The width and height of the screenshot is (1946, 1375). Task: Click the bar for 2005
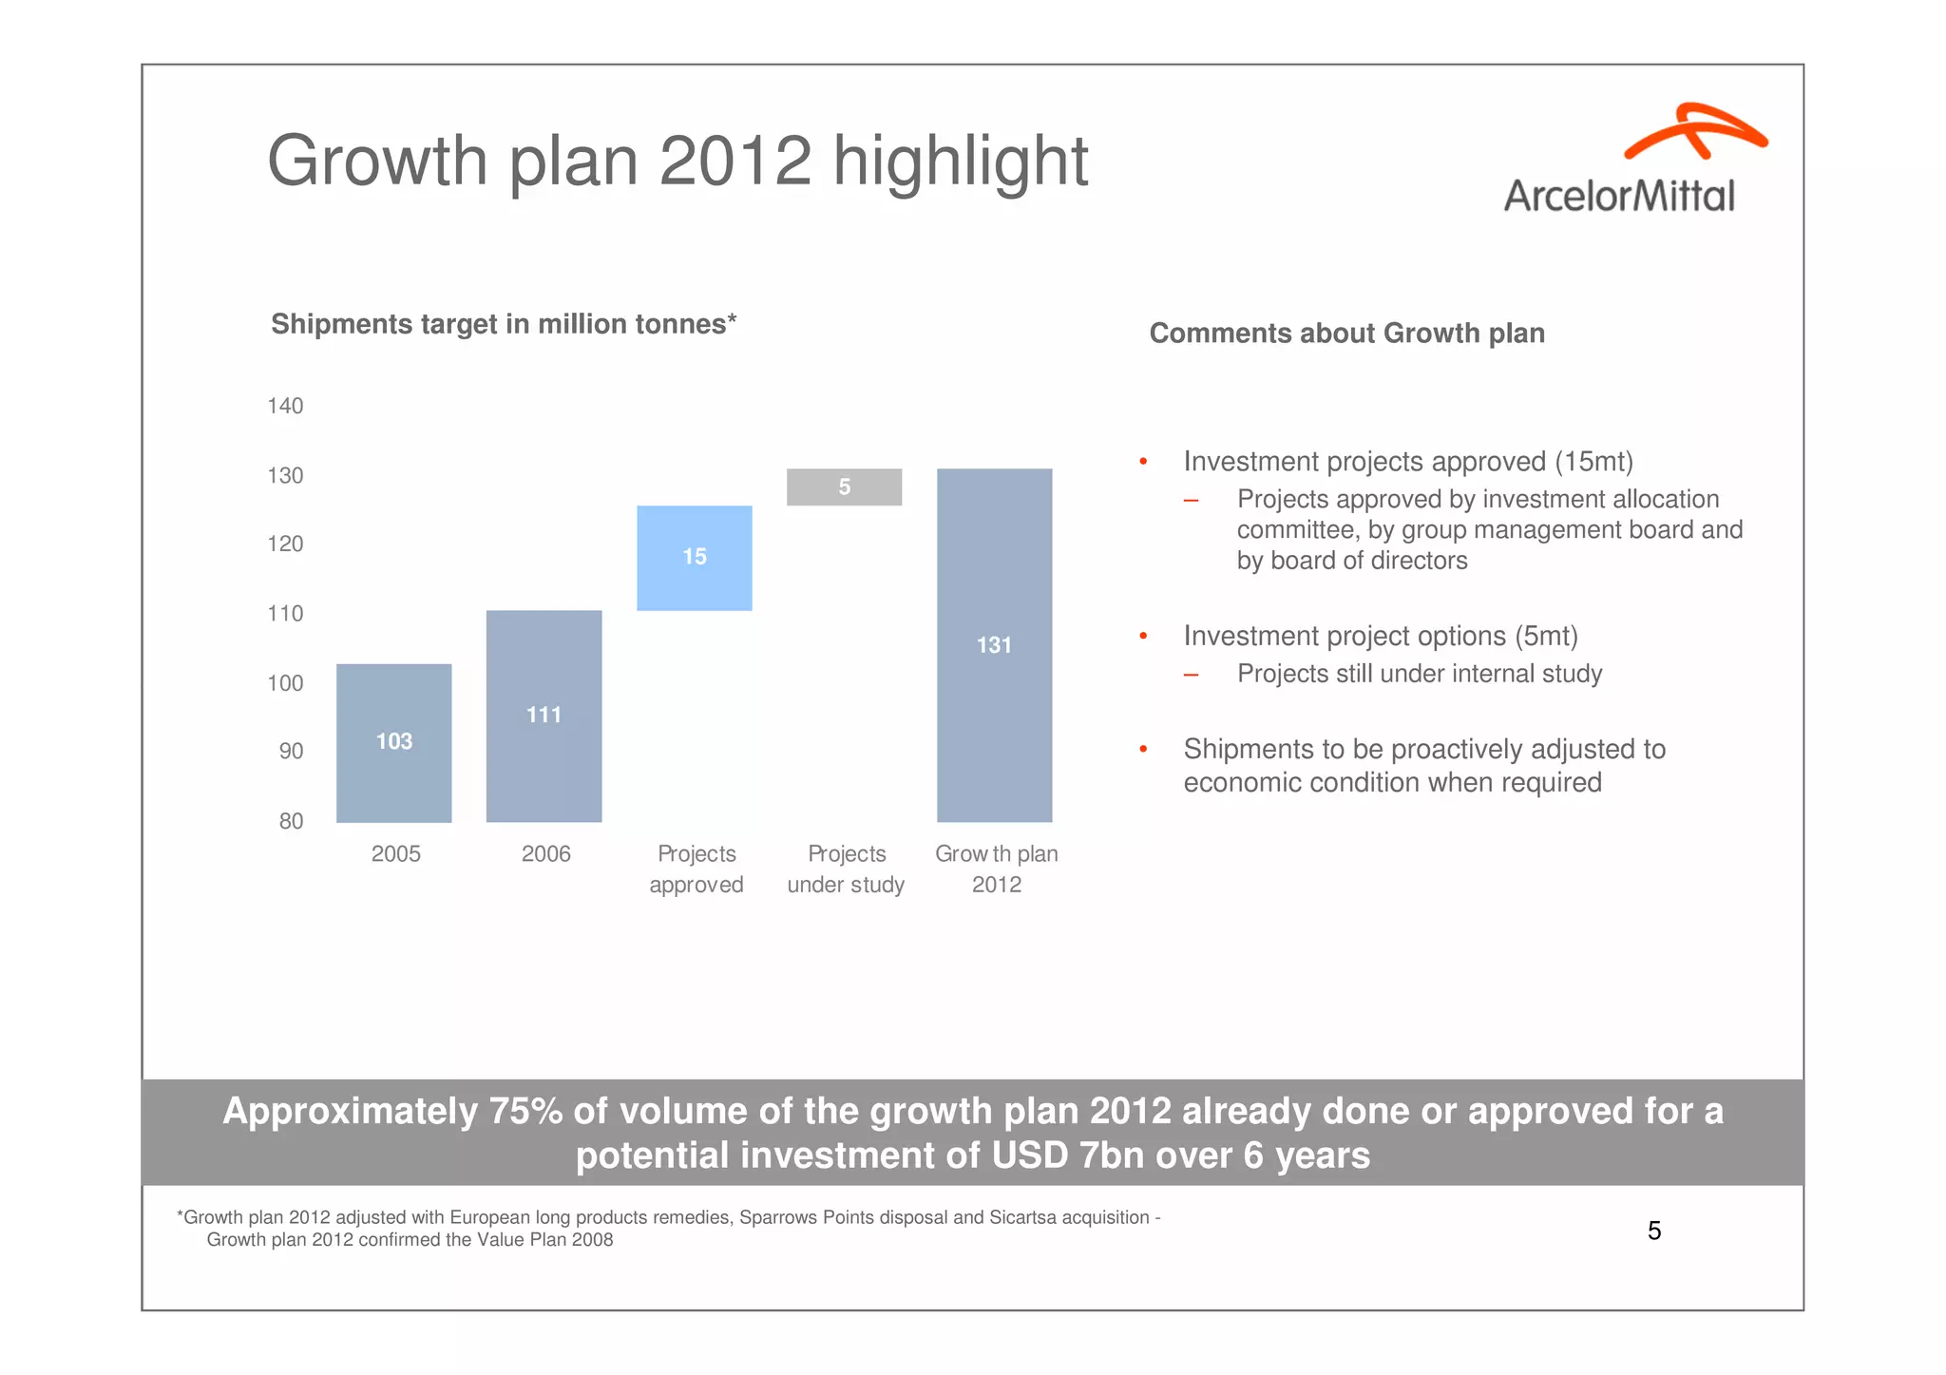tap(393, 742)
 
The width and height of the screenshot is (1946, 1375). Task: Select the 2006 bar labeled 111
tap(544, 716)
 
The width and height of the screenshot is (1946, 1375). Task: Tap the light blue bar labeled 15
tap(694, 558)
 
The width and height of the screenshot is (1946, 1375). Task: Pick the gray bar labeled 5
tap(844, 487)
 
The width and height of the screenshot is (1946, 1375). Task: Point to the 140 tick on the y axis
tap(285, 406)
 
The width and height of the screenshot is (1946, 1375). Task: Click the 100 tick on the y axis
tap(285, 682)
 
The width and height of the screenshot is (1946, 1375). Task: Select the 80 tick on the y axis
tap(291, 821)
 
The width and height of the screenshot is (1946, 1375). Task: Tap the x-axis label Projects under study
tap(846, 869)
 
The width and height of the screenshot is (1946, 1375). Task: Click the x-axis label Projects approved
tap(696, 869)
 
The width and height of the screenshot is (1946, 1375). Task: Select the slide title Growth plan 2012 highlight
tap(677, 161)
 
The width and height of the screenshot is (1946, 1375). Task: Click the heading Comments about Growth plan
tap(1346, 334)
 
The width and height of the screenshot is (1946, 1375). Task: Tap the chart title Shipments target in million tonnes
tap(504, 324)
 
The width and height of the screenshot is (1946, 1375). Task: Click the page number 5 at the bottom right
tap(1653, 1231)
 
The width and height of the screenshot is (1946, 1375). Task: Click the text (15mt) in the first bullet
tap(1593, 462)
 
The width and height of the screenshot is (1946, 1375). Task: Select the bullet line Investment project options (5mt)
tap(1380, 636)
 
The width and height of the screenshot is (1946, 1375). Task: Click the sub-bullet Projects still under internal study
tap(1419, 674)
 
